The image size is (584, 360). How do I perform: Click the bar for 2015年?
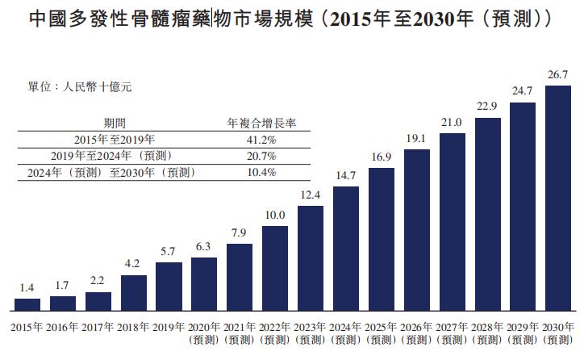coord(27,304)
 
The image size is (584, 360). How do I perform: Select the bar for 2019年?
coord(169,287)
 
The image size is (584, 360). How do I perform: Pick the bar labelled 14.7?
coord(345,249)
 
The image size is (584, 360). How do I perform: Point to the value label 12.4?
coord(311,195)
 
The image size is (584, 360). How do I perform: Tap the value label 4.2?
coord(133,265)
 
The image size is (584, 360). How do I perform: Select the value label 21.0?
coord(452,122)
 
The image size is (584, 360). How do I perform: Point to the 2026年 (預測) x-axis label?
coord(416,333)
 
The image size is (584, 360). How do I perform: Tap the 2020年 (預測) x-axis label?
coord(204,333)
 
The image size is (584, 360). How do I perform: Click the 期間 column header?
coord(115,123)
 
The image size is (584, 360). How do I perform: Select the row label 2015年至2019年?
coord(115,139)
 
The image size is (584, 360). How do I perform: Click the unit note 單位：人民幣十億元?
coord(79,86)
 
